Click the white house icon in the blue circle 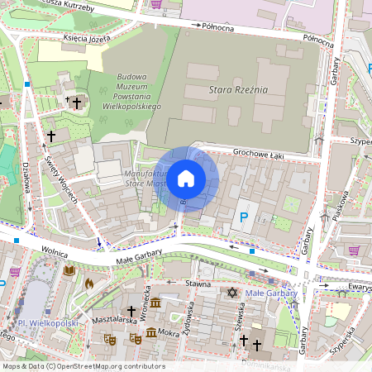click(186, 179)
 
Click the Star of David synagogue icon click(231, 292)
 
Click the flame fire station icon click(88, 283)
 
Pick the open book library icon click(69, 270)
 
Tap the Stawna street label click(198, 283)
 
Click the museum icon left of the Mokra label click(151, 332)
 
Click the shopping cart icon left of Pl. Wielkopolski click(14, 270)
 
